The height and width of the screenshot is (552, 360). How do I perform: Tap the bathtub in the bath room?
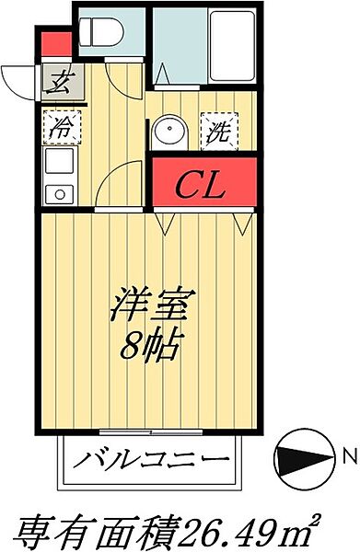tap(231, 46)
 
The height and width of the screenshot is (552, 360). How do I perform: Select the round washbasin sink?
tap(167, 132)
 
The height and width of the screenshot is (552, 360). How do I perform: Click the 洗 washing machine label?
tap(217, 131)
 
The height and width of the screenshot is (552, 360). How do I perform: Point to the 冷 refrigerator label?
tap(59, 127)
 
